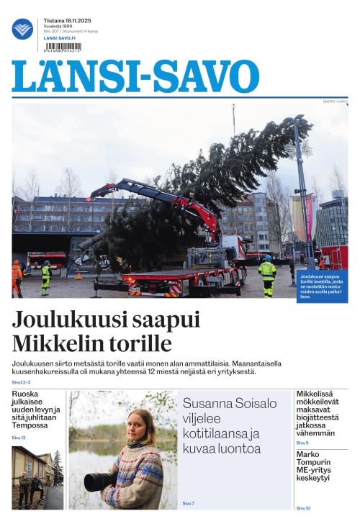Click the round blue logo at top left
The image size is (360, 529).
point(22,29)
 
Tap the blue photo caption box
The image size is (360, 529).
point(321,286)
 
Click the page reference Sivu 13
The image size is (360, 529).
point(19,438)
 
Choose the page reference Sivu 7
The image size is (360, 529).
point(189,503)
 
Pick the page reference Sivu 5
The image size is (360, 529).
point(302,443)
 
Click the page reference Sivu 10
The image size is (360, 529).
point(303,508)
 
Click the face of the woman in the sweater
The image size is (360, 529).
point(135,422)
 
